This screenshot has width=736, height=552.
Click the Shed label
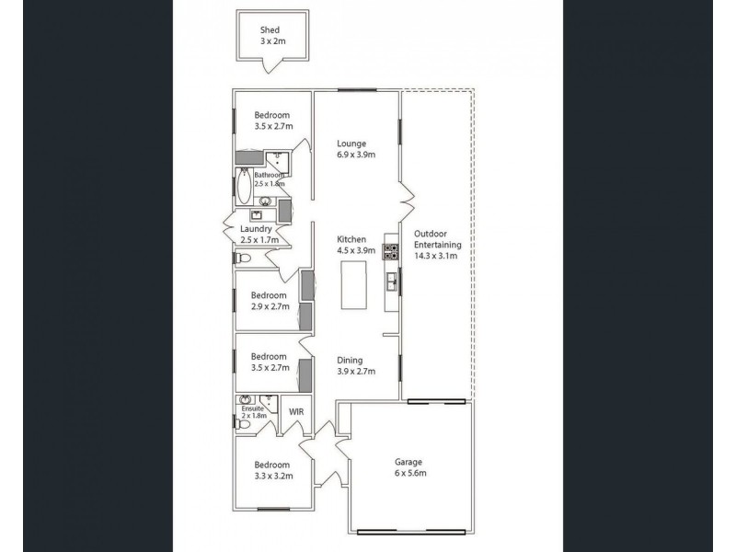pos(269,29)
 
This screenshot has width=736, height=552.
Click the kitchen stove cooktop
pos(391,250)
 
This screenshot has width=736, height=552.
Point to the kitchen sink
pos(392,280)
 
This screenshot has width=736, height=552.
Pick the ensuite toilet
pos(237,421)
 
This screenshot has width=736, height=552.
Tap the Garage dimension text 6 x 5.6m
pos(409,473)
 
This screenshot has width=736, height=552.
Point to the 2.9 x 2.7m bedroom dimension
pos(270,306)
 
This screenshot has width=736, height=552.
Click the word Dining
pos(350,361)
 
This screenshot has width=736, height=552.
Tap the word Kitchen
pos(351,238)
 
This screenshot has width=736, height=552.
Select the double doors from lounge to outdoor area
pos(406,196)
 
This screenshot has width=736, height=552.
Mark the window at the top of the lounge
pos(357,89)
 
